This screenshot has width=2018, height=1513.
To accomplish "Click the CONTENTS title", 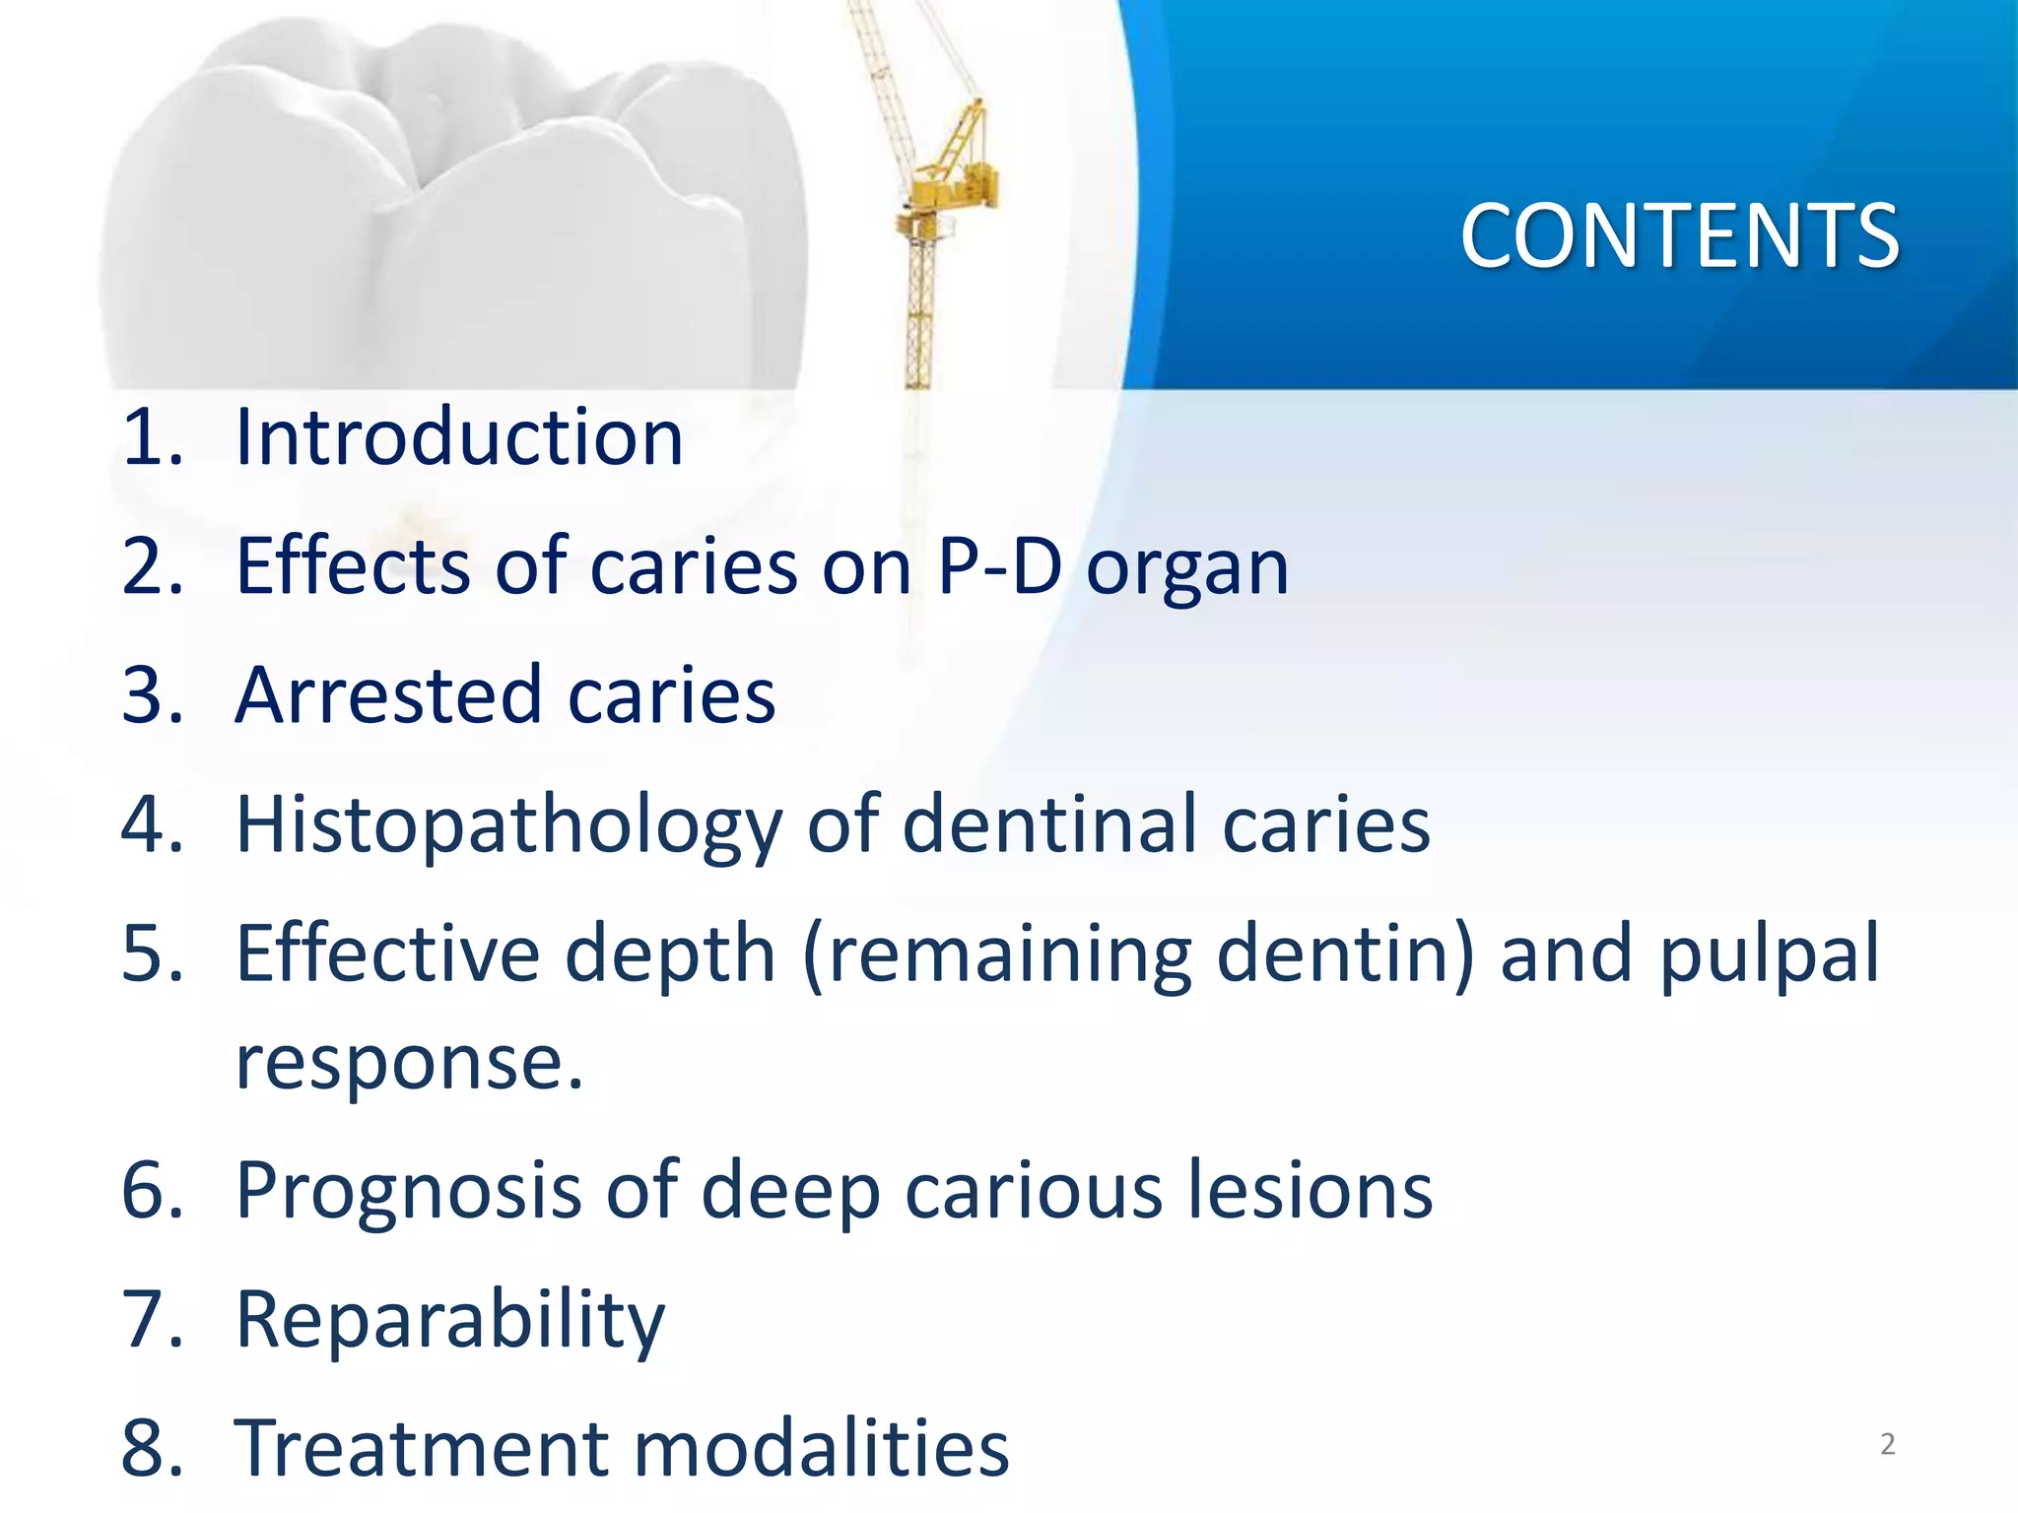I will (1679, 236).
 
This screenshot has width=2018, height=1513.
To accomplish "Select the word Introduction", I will (459, 437).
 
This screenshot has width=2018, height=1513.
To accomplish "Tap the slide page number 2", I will (1887, 1444).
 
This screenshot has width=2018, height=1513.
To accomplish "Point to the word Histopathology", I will (508, 825).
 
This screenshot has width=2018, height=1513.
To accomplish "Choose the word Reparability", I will (450, 1320).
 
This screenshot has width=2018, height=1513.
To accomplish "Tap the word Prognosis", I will (407, 1191).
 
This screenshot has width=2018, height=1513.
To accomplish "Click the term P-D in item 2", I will (999, 567).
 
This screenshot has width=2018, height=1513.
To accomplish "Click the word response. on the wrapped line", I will (410, 1064).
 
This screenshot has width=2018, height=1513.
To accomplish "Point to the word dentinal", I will (1048, 824).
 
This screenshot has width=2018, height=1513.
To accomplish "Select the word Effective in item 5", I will (387, 954).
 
